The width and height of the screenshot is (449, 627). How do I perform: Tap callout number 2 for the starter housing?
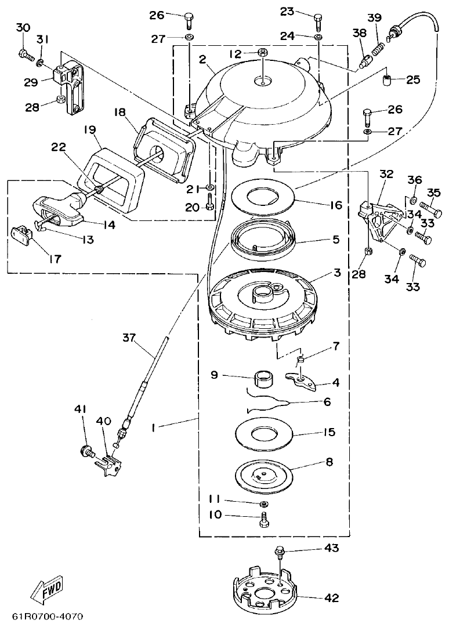[202, 59]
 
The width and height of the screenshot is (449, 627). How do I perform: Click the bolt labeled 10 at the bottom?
[265, 520]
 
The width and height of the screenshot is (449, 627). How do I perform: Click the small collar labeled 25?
[388, 80]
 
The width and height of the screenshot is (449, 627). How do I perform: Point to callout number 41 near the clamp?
[80, 409]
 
